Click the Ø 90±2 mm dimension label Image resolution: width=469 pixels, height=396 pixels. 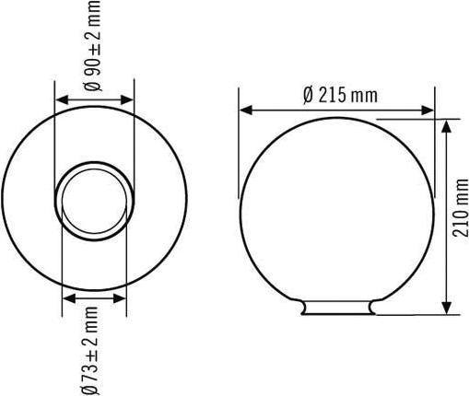(97, 45)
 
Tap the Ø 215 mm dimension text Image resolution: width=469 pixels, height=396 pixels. (339, 94)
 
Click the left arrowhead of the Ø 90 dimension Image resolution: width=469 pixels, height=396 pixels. (61, 100)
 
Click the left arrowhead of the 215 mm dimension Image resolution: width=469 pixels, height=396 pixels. (246, 111)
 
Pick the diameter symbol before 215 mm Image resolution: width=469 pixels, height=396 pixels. (308, 94)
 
